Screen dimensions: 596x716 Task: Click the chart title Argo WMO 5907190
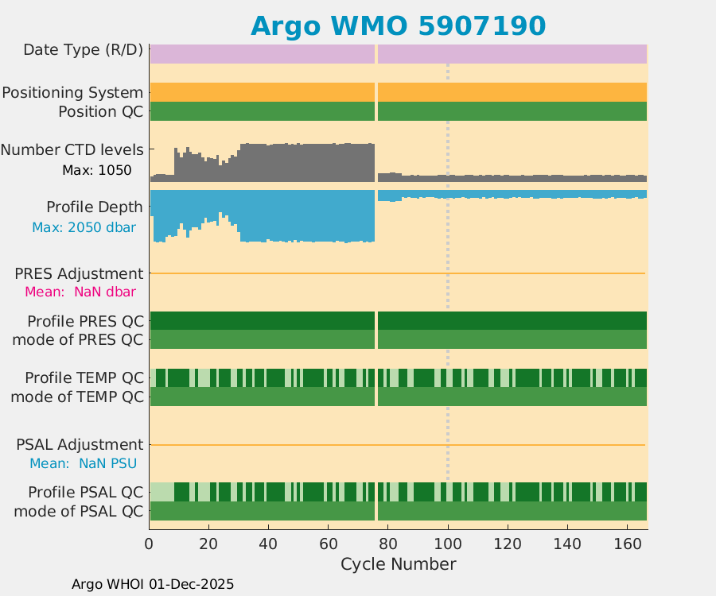pos(398,25)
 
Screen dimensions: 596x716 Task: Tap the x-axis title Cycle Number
pos(398,564)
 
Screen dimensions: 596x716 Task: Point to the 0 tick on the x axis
pos(150,544)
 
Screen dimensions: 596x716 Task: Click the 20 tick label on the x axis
pos(209,544)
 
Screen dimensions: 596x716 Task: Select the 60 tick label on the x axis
pos(329,544)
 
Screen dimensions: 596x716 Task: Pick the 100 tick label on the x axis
pos(448,544)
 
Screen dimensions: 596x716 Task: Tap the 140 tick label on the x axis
pos(567,544)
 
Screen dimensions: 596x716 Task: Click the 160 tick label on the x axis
pos(627,544)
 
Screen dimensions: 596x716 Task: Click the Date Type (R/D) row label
pos(84,50)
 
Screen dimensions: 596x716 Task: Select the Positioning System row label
pos(72,93)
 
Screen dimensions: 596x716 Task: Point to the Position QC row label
pos(101,112)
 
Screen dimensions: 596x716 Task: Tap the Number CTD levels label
pos(72,149)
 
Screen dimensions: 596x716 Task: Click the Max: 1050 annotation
pos(97,170)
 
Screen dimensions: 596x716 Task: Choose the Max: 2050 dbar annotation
pos(84,227)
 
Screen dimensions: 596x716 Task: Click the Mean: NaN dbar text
pos(80,292)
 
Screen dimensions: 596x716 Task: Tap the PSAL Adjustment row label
pos(80,444)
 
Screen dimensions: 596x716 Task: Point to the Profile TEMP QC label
pos(84,377)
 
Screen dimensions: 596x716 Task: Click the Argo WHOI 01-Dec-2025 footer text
pos(153,584)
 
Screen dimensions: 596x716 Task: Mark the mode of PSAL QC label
pos(79,511)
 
